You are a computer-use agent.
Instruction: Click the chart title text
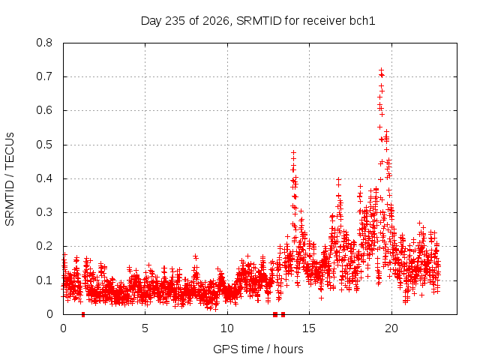click(258, 21)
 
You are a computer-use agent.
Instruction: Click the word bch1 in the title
click(362, 21)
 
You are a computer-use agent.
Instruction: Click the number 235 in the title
click(175, 21)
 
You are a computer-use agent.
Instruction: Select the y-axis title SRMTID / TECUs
click(10, 179)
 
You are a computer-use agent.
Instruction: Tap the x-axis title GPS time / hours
click(258, 349)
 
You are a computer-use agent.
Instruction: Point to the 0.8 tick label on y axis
click(44, 43)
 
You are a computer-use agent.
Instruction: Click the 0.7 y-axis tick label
click(44, 76)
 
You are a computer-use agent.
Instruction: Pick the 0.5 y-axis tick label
click(44, 145)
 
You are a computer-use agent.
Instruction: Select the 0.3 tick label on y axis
click(44, 212)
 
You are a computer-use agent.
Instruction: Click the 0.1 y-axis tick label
click(44, 280)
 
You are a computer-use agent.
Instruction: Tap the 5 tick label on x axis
click(145, 328)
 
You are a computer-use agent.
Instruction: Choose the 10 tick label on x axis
click(227, 328)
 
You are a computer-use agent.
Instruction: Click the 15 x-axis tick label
click(309, 328)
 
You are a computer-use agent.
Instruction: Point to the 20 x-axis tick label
click(391, 328)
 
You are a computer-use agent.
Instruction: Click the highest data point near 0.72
click(382, 70)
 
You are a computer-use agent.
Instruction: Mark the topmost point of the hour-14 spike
click(293, 152)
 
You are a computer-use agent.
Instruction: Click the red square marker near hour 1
click(83, 314)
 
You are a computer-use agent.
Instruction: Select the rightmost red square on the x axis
click(283, 314)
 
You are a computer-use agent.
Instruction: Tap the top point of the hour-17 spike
click(338, 179)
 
